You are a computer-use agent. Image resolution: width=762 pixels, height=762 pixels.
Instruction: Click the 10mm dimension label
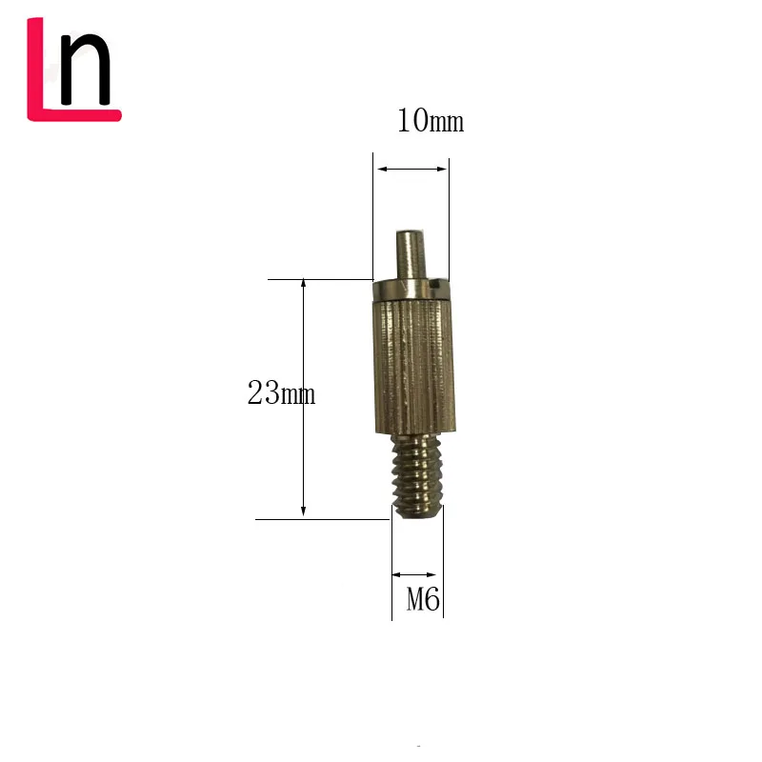[x=430, y=122]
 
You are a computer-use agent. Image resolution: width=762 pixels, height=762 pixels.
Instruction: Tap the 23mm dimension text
[x=281, y=393]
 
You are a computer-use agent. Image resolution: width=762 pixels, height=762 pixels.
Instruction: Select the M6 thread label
[x=423, y=600]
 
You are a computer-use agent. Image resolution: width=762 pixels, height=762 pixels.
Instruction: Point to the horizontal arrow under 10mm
[x=411, y=169]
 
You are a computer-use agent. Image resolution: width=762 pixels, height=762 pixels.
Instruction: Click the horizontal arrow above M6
[x=414, y=574]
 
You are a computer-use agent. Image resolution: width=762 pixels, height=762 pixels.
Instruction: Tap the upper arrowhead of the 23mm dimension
[x=303, y=286]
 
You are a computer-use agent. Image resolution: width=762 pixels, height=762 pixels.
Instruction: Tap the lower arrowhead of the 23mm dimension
[x=303, y=511]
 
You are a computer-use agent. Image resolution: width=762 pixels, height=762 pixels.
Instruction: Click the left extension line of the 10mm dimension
[x=371, y=214]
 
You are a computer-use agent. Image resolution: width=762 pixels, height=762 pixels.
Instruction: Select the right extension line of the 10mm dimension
[x=449, y=214]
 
